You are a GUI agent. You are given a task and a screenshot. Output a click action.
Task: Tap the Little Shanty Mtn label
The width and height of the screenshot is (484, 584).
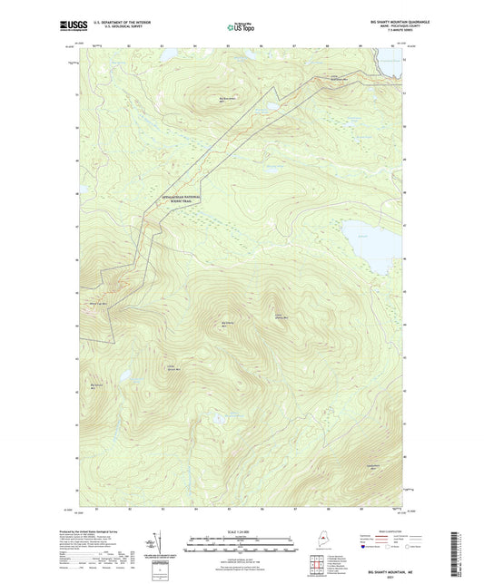(x=281, y=316)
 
